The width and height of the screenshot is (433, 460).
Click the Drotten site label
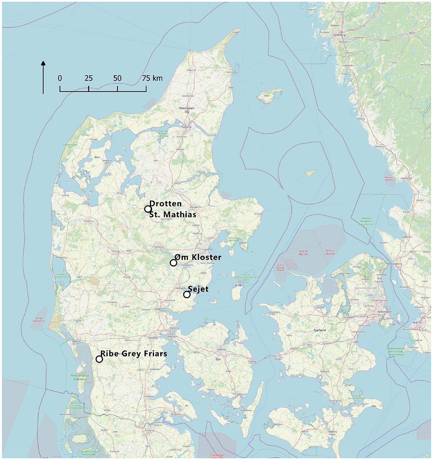[x=165, y=204]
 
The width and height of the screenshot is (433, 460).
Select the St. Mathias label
[x=173, y=215]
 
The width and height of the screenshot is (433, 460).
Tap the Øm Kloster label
[x=198, y=257]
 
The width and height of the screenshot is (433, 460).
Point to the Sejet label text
[x=198, y=289]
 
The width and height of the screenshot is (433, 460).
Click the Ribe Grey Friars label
[x=134, y=354]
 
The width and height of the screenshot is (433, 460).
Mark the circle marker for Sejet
[x=187, y=294]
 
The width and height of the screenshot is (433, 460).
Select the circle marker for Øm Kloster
[x=174, y=263]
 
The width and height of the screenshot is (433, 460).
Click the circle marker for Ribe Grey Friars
[x=99, y=359]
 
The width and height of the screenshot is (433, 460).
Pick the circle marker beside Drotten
[x=148, y=209]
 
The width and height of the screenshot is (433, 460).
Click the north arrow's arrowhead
[x=43, y=63]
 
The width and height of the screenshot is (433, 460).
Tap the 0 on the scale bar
[x=60, y=79]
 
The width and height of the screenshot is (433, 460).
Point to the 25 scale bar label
[x=89, y=79]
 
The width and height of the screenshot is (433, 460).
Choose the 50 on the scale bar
[x=117, y=79]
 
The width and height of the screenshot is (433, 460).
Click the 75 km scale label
[x=152, y=79]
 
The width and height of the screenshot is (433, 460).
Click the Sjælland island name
[x=319, y=330]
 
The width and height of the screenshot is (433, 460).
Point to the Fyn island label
[x=219, y=359]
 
